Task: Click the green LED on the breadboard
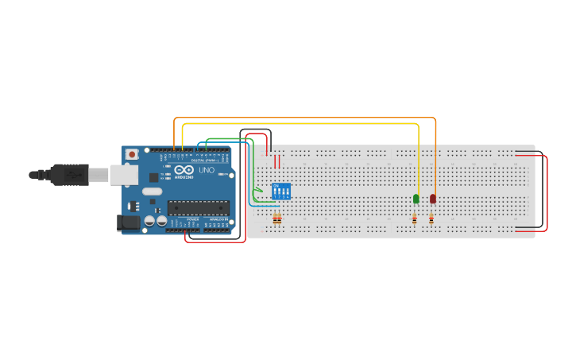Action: (416, 198)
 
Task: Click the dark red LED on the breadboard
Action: (433, 198)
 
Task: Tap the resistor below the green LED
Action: (414, 219)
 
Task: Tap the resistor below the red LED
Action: (431, 219)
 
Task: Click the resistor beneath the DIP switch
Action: (277, 220)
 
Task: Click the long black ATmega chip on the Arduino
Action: (198, 208)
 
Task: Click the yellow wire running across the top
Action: (302, 124)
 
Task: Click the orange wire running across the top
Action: (302, 118)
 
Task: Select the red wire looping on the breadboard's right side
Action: (547, 191)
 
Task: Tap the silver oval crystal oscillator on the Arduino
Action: (151, 192)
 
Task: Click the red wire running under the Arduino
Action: (215, 241)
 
